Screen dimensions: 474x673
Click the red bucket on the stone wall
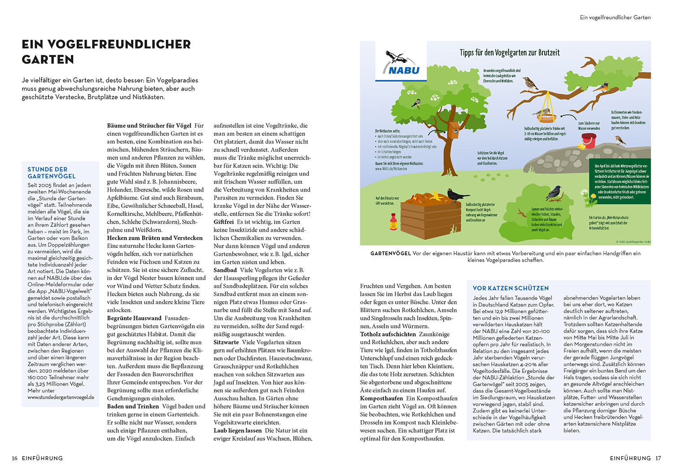click(589, 140)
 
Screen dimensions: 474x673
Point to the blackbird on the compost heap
click(458, 195)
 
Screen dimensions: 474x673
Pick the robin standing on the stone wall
click(621, 140)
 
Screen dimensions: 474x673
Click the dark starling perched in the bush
click(555, 193)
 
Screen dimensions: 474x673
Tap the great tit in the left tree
click(416, 103)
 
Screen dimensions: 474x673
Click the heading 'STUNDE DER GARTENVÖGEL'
click(51, 173)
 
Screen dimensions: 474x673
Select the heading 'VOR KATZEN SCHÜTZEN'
click(511, 288)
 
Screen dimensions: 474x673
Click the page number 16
click(15, 458)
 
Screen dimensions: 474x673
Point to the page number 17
click(658, 458)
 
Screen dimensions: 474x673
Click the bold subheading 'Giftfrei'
click(223, 222)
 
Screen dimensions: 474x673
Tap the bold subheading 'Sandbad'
click(225, 270)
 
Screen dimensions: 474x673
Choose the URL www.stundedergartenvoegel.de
click(61, 397)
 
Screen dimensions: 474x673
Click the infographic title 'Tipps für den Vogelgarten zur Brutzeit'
click(510, 53)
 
